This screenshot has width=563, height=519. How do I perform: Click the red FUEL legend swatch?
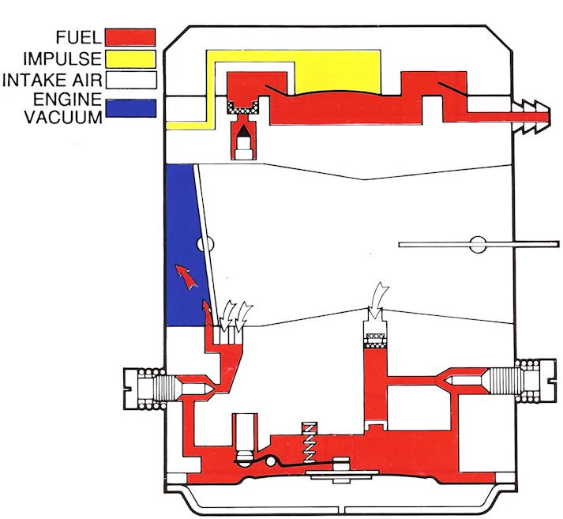click(x=129, y=36)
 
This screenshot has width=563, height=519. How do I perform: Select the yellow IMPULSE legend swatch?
click(x=129, y=58)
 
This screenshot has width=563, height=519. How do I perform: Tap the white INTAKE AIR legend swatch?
click(x=129, y=80)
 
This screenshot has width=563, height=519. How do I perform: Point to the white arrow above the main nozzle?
click(x=377, y=298)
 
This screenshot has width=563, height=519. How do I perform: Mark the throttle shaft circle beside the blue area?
click(x=208, y=244)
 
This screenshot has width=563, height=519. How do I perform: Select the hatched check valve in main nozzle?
click(x=374, y=340)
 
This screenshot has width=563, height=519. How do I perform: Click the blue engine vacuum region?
click(x=186, y=237)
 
